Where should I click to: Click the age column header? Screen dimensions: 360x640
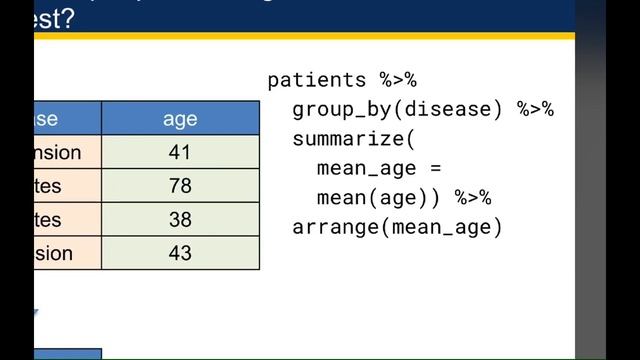tap(180, 119)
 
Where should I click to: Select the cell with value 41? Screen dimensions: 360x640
tap(180, 153)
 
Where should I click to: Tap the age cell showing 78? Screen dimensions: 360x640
tap(180, 186)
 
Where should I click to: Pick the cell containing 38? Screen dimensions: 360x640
tap(180, 220)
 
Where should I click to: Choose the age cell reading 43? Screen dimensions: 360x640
tap(180, 253)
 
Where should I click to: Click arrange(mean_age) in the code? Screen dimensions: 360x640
tap(397, 227)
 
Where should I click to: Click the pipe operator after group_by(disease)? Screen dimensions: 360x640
tap(535, 110)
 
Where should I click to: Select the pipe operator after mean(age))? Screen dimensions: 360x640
tap(473, 198)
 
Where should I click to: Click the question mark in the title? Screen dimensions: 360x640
tap(65, 17)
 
